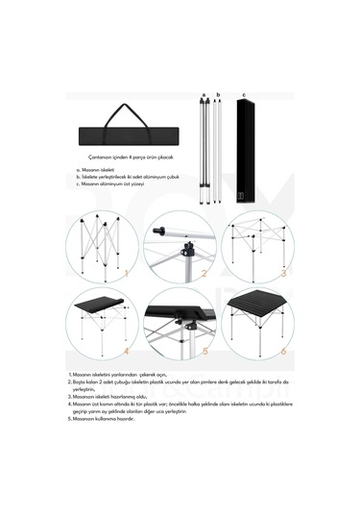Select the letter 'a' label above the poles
pos(204,96)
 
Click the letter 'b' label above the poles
pos(219,96)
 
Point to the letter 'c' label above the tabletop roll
pos(244,96)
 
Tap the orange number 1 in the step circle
pos(126,272)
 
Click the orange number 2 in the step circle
pos(204,272)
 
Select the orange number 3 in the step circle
pos(283,272)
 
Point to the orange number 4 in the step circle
pos(126,352)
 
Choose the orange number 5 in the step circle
pos(204,352)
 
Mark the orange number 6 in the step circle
pos(283,352)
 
